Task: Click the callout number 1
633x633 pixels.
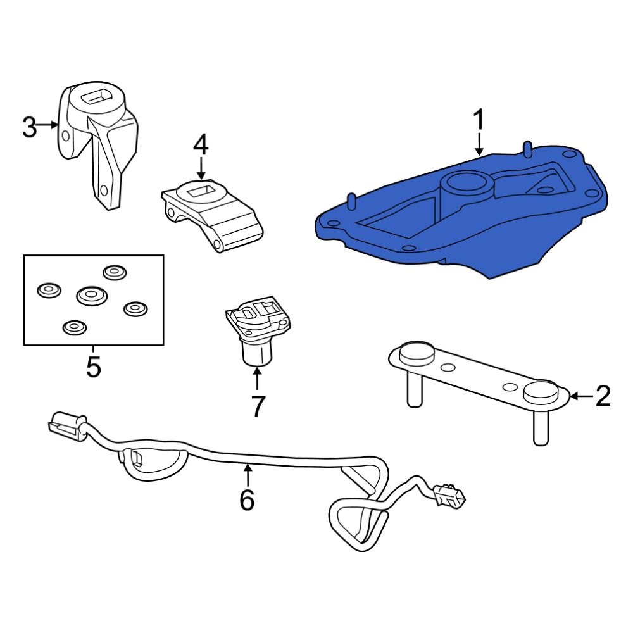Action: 479,120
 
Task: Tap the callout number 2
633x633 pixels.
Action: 603,396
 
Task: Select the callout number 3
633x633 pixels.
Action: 29,127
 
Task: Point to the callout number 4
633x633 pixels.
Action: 201,145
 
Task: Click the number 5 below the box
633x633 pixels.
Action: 94,367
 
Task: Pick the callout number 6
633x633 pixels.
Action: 247,500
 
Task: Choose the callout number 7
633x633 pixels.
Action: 257,406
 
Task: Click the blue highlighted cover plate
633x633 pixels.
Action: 405,234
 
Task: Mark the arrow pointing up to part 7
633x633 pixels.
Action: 257,379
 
